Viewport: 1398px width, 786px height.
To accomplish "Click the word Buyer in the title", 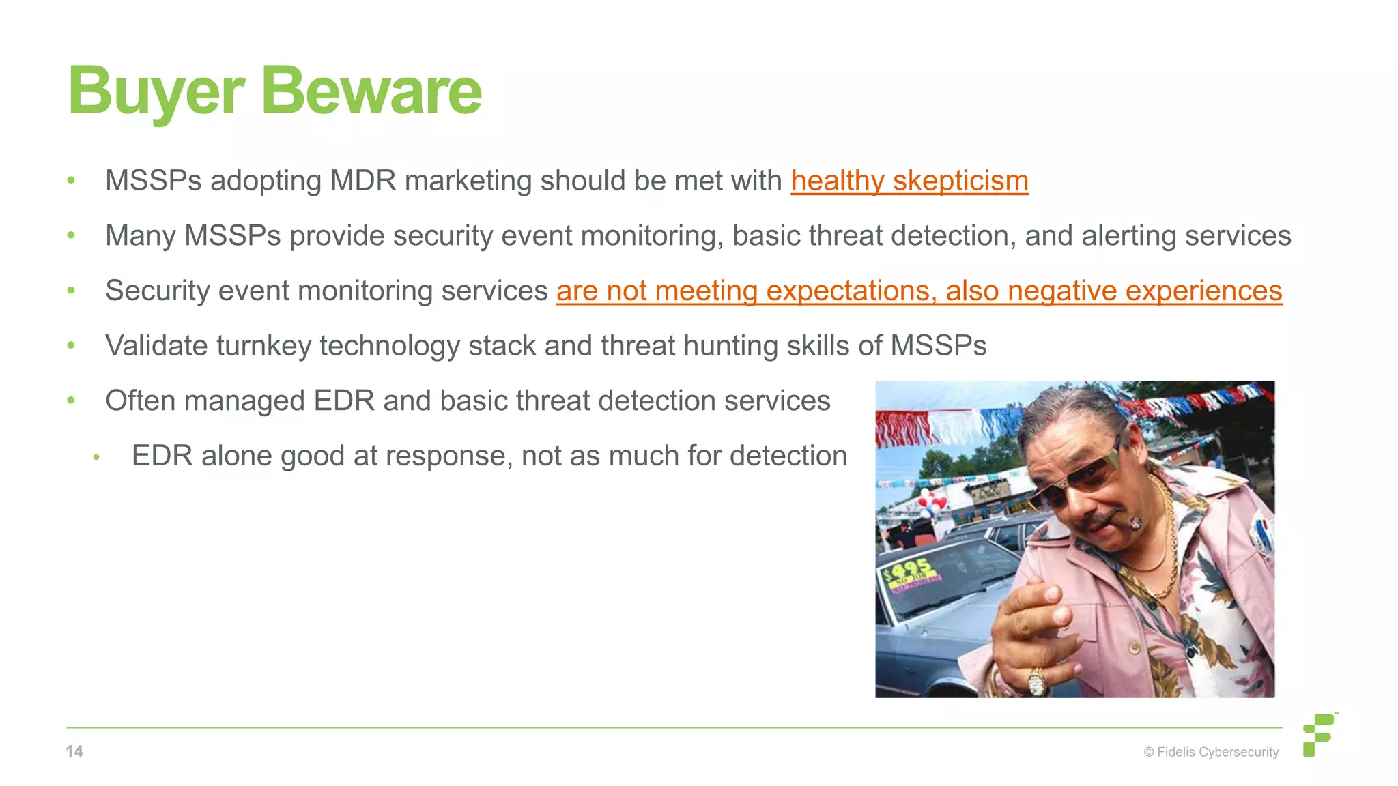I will (x=156, y=92).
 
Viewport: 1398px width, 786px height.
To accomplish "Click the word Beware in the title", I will (x=371, y=92).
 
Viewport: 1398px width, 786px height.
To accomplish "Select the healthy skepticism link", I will (x=909, y=181).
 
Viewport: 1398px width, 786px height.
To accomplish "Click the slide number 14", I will (x=74, y=751).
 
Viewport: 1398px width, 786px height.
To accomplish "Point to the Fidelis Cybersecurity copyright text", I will (x=1211, y=752).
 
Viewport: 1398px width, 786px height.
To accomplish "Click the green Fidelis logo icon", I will (x=1319, y=735).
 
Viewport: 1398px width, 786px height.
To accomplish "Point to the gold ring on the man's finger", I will (x=1037, y=680).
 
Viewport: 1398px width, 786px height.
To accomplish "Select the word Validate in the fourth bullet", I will (x=156, y=346).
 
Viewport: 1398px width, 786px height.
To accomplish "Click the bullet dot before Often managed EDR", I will (x=71, y=401).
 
